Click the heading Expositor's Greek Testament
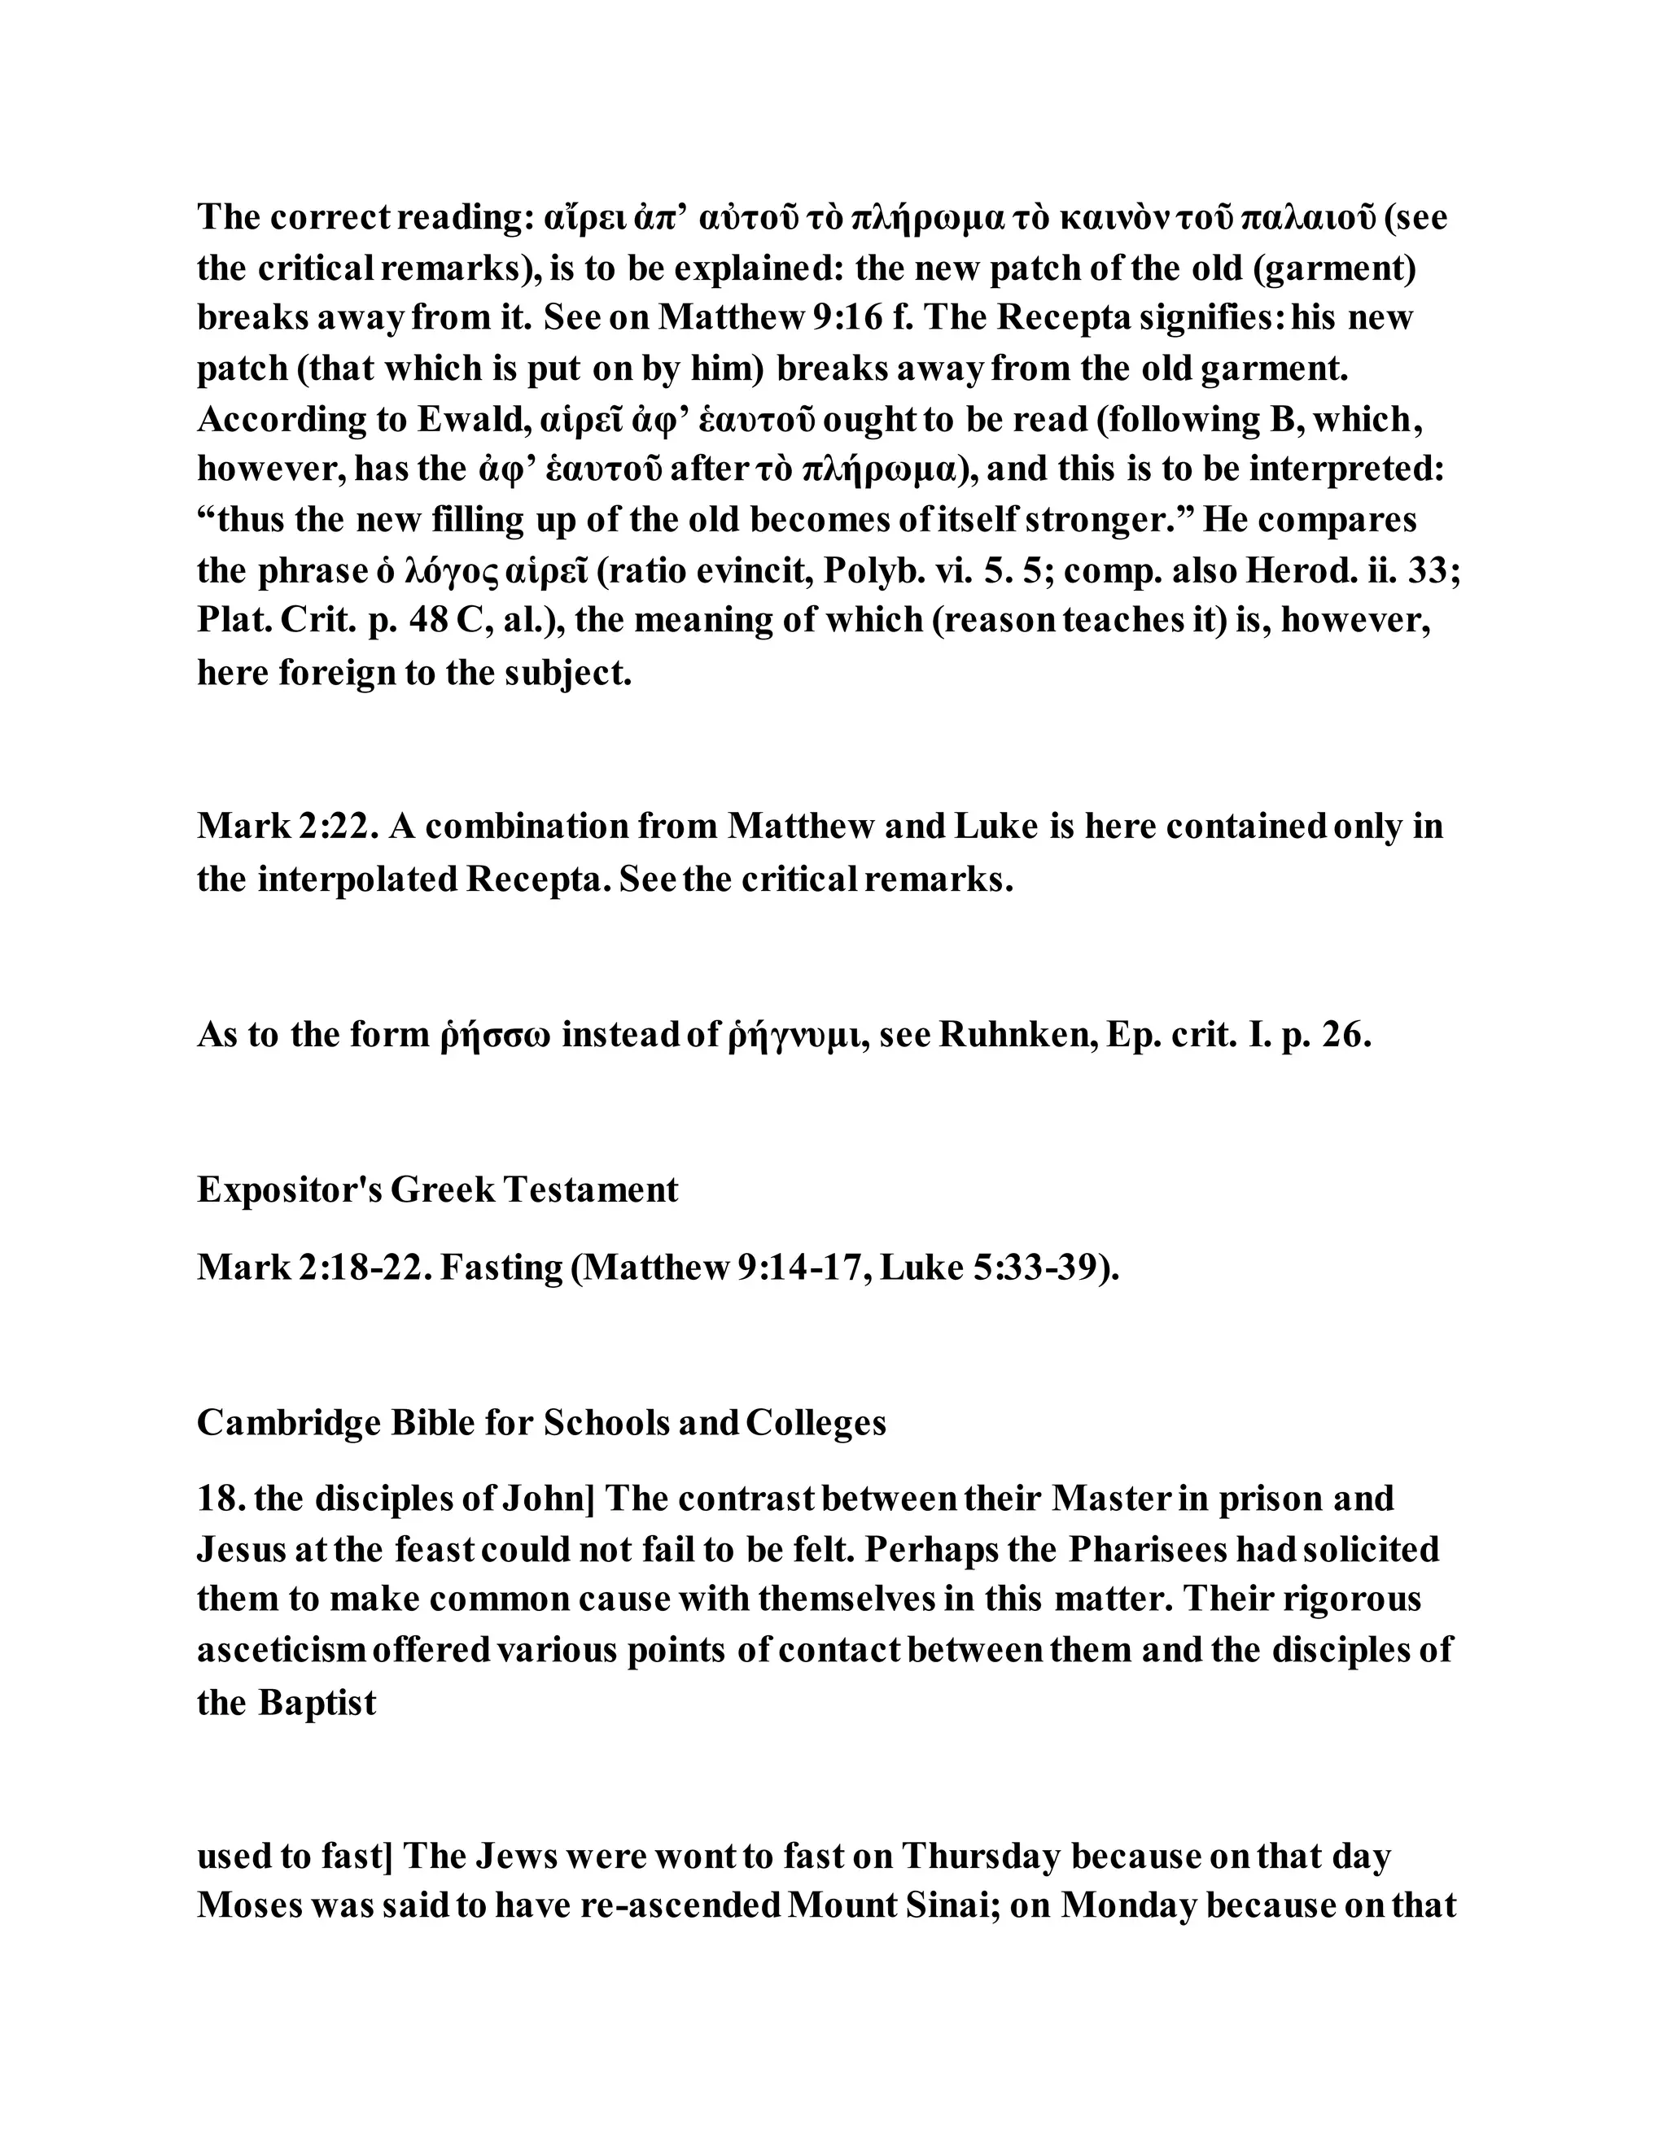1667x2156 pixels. coord(437,1189)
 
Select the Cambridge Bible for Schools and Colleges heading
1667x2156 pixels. coord(541,1422)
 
